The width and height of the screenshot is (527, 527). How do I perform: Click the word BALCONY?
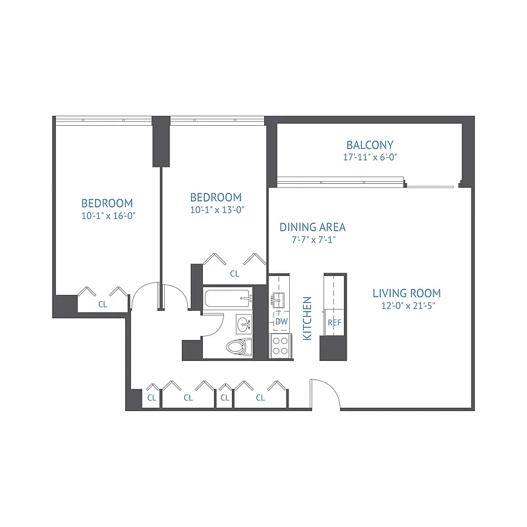[370, 145]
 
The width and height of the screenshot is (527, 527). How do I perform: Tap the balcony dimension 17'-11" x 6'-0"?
[370, 157]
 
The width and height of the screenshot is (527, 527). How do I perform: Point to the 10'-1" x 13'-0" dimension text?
[215, 209]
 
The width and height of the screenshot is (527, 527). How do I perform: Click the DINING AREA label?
[312, 227]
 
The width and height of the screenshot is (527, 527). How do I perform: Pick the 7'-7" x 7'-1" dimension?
[312, 240]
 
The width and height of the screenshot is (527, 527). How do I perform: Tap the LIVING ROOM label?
[406, 293]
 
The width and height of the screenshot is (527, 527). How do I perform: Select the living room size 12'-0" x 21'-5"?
[406, 306]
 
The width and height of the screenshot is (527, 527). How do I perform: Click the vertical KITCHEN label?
[307, 318]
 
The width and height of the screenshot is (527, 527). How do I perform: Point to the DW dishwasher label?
[281, 321]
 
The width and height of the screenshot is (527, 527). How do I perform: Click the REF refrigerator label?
[334, 323]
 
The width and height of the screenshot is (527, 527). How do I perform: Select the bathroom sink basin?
[244, 323]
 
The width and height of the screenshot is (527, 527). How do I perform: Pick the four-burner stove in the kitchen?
[281, 346]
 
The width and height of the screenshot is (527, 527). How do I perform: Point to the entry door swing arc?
[325, 392]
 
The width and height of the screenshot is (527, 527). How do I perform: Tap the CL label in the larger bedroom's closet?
[103, 304]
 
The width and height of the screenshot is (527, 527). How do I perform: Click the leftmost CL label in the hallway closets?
[152, 397]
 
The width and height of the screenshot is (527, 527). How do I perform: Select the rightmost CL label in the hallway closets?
[260, 397]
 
